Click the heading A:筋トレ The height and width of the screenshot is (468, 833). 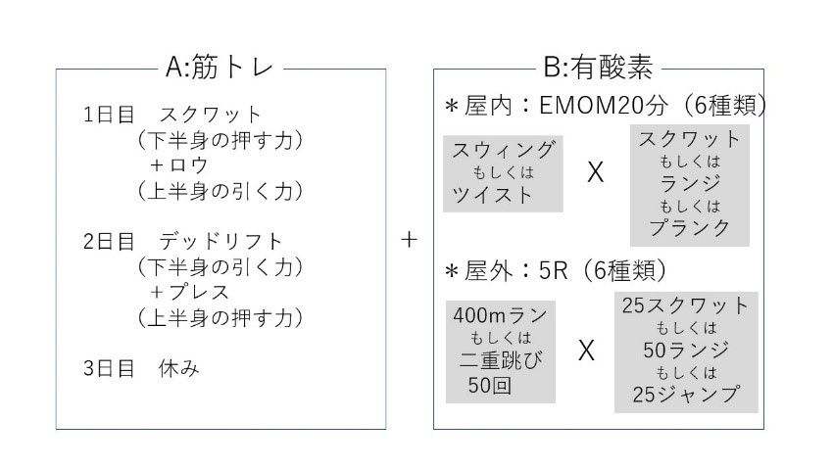point(220,68)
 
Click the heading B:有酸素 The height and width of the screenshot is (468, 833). point(598,68)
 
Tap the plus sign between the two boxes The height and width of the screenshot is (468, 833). point(409,240)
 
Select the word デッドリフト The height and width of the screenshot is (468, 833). point(220,242)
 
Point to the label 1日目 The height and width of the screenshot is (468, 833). point(109,115)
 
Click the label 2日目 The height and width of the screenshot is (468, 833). point(109,242)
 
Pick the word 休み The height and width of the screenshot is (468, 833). point(178,368)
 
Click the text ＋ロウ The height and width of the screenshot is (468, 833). point(178,165)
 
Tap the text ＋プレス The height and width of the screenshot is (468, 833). point(189,293)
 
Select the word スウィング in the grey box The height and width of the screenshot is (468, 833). point(504,150)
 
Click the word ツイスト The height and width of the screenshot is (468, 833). point(492,195)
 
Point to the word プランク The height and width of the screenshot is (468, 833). point(690,227)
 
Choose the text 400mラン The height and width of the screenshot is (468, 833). point(501,315)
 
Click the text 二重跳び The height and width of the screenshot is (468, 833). point(501,360)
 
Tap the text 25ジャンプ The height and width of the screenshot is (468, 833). point(686,395)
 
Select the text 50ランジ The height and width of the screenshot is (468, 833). point(686,351)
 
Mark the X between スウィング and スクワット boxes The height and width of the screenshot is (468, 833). point(596,172)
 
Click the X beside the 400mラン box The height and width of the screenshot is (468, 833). point(586,351)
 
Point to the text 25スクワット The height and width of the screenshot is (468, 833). point(686,305)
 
